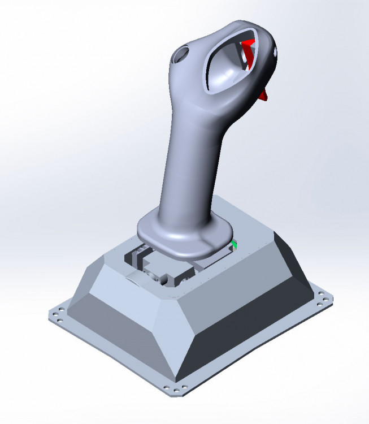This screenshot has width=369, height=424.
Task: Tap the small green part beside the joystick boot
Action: (235, 244)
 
